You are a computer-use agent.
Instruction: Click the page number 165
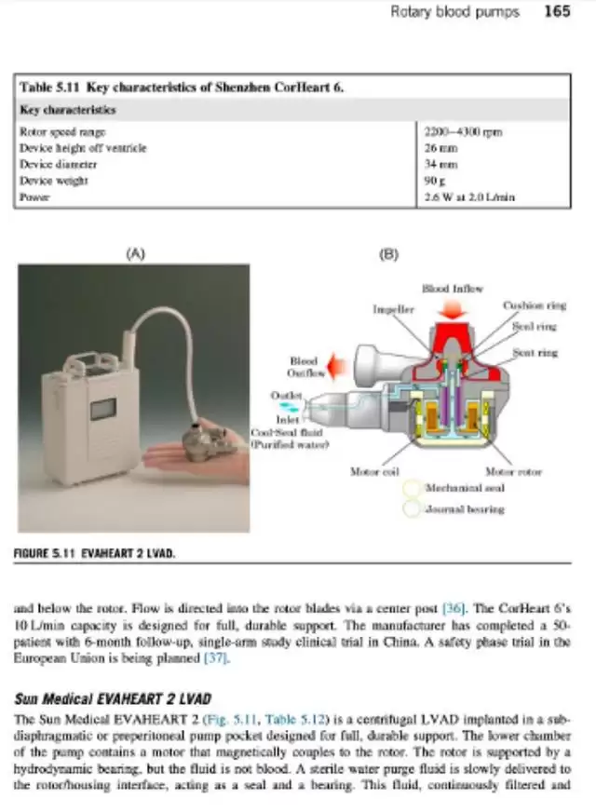(x=557, y=12)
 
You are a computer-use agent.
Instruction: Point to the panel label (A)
(x=136, y=252)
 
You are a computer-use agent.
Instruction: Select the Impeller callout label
(x=393, y=309)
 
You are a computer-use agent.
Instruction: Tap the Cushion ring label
(x=534, y=305)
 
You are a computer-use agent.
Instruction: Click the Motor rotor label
(x=513, y=472)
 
